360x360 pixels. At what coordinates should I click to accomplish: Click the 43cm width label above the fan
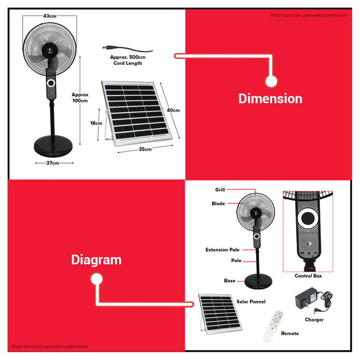(x=49, y=16)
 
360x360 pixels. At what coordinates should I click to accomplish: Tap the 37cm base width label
(x=53, y=163)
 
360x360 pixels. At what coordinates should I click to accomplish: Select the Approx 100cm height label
(x=80, y=98)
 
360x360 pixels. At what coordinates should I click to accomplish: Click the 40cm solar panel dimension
(x=173, y=110)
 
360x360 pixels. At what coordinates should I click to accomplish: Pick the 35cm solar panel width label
(x=145, y=149)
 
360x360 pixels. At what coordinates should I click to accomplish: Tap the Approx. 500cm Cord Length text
(x=128, y=60)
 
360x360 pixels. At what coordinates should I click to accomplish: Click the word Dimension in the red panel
(x=270, y=98)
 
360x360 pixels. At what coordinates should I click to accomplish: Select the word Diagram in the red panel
(x=96, y=260)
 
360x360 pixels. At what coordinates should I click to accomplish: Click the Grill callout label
(x=220, y=190)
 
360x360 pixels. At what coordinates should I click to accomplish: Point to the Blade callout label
(x=218, y=204)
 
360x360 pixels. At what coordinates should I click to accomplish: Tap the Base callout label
(x=229, y=281)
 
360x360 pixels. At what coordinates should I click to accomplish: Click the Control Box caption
(x=308, y=276)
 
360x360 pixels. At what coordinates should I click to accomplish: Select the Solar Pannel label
(x=250, y=301)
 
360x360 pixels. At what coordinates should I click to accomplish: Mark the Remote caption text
(x=290, y=334)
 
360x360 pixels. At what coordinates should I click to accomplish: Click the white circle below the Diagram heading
(x=96, y=279)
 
